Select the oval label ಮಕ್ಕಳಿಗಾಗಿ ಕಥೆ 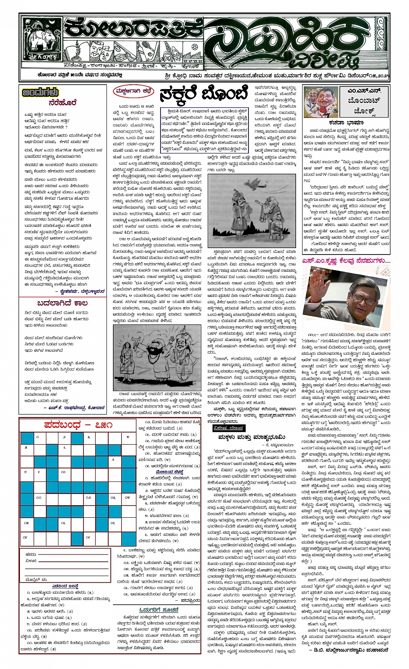[133, 91]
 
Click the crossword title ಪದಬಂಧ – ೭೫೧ [78, 425]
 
